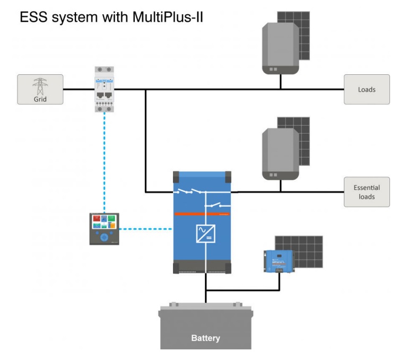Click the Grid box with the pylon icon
point(40,89)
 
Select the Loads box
point(367,89)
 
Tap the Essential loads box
point(367,192)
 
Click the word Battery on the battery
point(205,338)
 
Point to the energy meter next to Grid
point(105,89)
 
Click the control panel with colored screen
point(104,229)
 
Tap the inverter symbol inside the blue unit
point(205,233)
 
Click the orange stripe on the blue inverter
point(202,214)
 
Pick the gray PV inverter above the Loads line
point(280,48)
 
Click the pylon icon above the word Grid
point(40,85)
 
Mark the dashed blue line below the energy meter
point(105,159)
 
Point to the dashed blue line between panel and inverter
point(146,229)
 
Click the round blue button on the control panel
point(105,238)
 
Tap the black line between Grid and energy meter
point(79,89)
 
